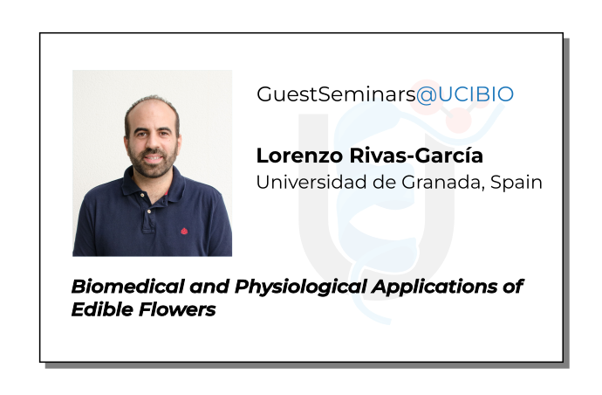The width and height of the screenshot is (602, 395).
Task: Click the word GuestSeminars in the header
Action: [x=335, y=95]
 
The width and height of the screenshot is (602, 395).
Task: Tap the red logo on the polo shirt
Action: [x=184, y=232]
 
